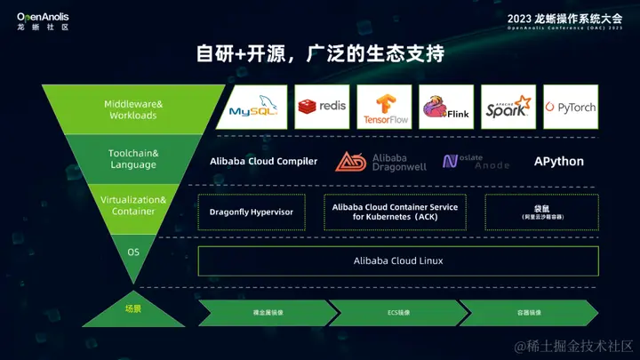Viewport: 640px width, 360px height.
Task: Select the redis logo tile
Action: (x=322, y=107)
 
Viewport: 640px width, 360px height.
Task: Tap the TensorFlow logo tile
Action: (x=384, y=107)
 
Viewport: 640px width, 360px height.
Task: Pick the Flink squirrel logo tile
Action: (x=445, y=107)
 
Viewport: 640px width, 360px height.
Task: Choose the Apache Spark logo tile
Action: (x=508, y=107)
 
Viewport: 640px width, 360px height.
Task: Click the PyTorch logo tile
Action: (x=570, y=107)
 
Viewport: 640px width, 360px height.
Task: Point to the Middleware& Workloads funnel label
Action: (x=133, y=110)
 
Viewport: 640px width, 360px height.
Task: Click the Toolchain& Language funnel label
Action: (x=133, y=159)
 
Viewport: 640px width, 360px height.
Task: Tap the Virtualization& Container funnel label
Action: (x=133, y=205)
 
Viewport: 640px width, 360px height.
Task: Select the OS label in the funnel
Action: (x=133, y=252)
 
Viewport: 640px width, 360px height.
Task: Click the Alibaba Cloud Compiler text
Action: (x=263, y=161)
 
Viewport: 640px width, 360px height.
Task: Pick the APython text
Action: (x=559, y=161)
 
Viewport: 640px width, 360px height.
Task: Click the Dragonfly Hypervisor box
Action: (x=252, y=212)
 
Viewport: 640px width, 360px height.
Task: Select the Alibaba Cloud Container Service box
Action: (x=396, y=212)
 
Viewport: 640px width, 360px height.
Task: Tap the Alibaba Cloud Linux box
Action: (x=398, y=260)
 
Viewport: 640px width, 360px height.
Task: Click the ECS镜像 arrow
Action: (x=397, y=313)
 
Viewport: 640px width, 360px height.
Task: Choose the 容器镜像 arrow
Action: (x=528, y=313)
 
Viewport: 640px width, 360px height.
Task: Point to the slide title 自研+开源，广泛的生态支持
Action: (x=320, y=53)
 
